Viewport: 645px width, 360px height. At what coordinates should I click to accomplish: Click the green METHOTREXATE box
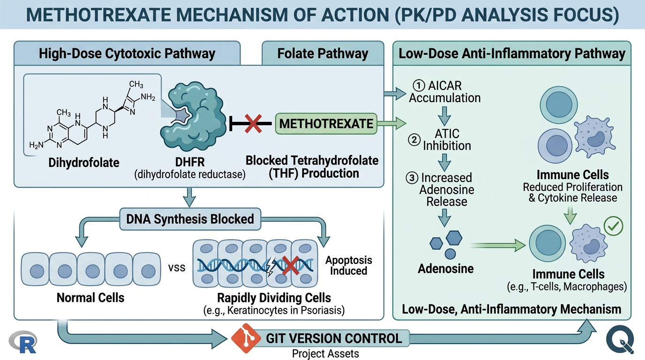(x=326, y=124)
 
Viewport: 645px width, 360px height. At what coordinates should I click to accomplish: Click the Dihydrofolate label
(x=84, y=163)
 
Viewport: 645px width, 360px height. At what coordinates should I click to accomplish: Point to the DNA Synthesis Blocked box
(x=190, y=218)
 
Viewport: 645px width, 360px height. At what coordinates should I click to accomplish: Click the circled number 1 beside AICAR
(x=418, y=86)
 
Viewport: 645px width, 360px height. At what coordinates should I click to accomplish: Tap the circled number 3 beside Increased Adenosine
(x=412, y=178)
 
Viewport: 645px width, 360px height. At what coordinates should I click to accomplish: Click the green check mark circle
(x=614, y=226)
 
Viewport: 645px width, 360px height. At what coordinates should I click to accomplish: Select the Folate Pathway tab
(x=322, y=53)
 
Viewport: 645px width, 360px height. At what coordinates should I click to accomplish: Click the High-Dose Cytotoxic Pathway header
(x=127, y=53)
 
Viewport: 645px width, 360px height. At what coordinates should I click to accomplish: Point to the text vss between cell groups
(x=176, y=268)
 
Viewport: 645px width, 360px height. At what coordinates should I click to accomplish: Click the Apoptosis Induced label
(x=349, y=265)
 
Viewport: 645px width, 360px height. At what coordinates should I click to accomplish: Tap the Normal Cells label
(x=90, y=297)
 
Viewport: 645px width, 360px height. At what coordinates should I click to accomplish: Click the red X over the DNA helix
(x=291, y=266)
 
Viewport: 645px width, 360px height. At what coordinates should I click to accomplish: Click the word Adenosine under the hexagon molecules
(x=446, y=269)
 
